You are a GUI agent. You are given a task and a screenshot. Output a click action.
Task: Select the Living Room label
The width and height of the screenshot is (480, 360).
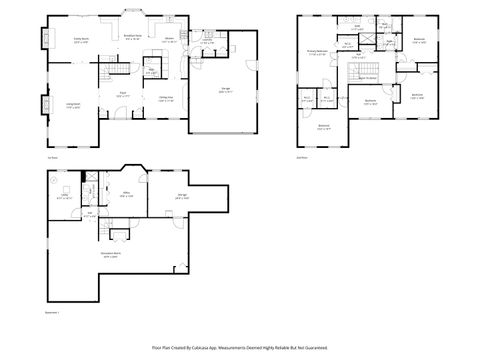coord(73,105)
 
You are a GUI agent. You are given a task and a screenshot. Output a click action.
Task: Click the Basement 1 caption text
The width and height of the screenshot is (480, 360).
coord(53,313)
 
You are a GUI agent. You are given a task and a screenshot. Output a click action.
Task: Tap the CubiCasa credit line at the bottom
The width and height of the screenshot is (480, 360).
coord(239,346)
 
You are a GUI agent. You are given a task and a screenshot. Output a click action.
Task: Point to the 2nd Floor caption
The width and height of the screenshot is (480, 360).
coord(302,157)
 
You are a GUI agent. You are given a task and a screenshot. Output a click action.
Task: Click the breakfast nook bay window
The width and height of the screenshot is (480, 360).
coord(131,13)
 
